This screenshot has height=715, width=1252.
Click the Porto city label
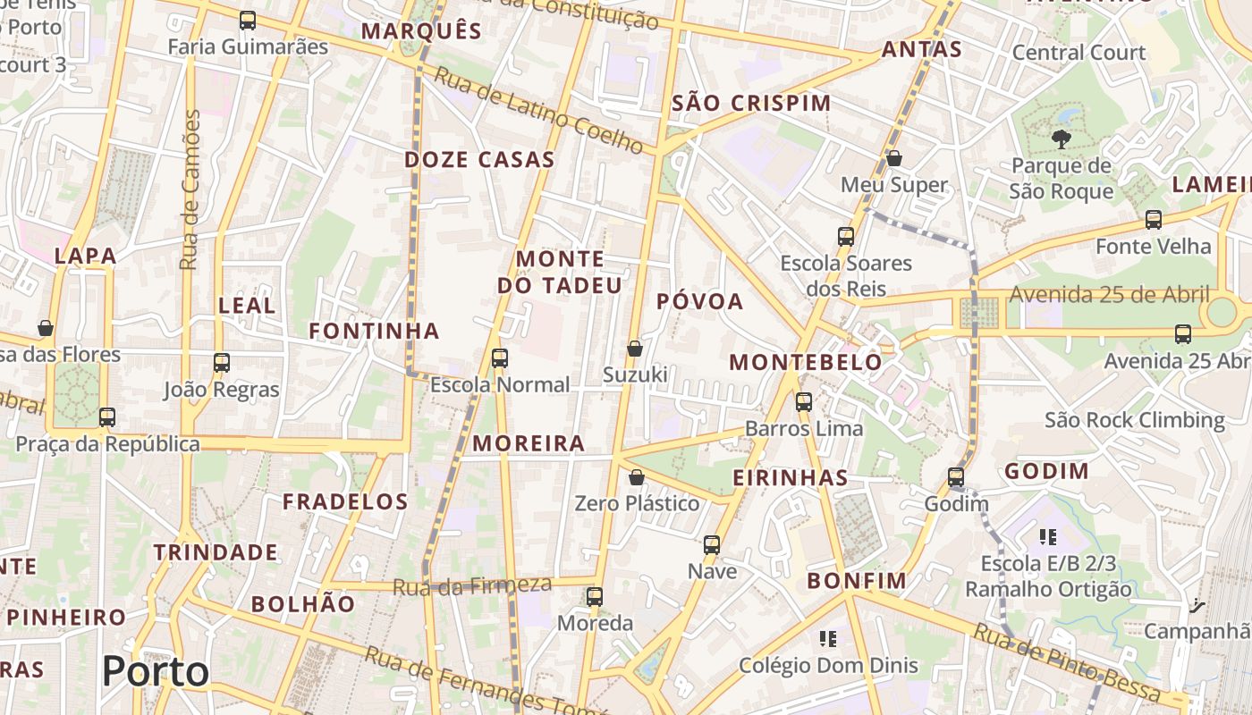coord(156,671)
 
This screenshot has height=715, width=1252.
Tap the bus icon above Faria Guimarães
coord(248,20)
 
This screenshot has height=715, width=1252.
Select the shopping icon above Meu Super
coord(893,158)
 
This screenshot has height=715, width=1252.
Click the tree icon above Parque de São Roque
coord(1061,139)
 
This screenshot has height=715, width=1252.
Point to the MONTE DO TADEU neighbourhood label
coord(560,273)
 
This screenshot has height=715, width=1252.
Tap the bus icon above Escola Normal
coord(500,358)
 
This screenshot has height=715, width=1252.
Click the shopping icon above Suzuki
coord(635,349)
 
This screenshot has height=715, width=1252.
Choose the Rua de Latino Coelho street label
coord(538,109)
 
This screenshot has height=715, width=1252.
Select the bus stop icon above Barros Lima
coord(804,402)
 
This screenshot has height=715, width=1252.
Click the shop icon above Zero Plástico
coord(637,477)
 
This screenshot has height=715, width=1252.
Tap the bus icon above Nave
coord(712,544)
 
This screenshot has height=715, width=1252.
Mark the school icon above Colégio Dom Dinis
coord(828,638)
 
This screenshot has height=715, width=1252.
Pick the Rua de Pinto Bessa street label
coord(1066,663)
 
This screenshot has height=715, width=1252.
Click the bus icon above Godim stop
coord(956,477)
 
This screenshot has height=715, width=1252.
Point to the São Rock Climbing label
coord(1135,420)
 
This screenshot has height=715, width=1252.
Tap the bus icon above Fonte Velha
coord(1154,220)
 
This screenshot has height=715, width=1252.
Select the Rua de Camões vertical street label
coord(189,189)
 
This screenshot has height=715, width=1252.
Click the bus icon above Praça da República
coord(107,417)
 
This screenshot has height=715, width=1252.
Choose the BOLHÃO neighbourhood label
coord(303,604)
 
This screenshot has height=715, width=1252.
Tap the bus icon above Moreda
coord(595,597)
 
